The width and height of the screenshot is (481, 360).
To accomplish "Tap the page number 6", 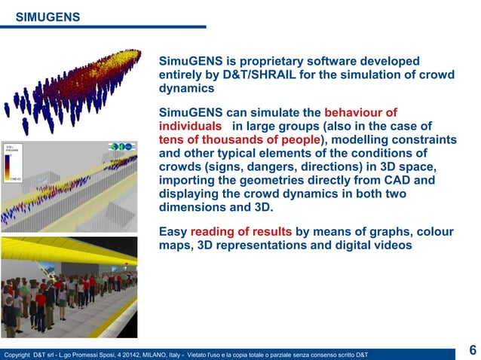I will [x=472, y=350].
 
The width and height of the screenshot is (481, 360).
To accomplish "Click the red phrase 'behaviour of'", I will [x=360, y=113].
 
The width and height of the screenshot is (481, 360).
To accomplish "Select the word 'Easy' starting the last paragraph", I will [x=173, y=232].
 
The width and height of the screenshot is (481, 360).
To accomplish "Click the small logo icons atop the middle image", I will [x=121, y=145].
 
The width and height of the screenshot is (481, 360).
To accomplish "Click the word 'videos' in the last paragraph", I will [x=391, y=246].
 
